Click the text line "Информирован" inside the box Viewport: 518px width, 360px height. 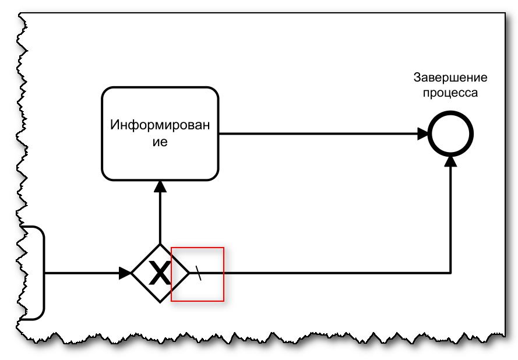point(160,125)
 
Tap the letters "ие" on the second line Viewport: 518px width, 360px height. point(160,142)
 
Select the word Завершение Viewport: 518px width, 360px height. point(450,78)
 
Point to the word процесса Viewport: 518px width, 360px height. point(450,93)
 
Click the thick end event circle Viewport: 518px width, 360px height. point(451,135)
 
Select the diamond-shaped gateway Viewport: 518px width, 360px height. point(160,273)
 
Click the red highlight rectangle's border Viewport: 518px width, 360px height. point(198,248)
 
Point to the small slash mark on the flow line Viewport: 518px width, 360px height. point(199,273)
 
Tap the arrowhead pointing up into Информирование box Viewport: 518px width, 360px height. point(160,185)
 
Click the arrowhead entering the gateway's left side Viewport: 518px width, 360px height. point(125,273)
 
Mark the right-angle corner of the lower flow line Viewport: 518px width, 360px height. point(451,272)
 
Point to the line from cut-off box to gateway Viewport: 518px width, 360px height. point(82,273)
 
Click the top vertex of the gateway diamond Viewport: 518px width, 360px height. point(160,244)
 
